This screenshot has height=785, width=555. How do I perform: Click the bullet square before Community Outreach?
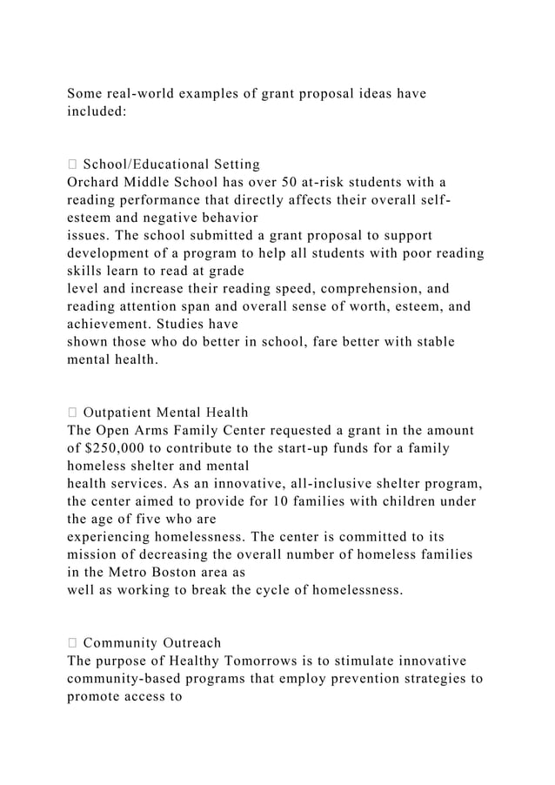[71, 643]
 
